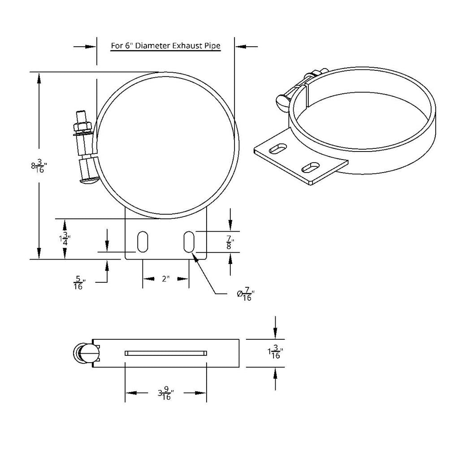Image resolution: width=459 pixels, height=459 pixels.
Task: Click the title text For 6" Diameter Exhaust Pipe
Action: (165, 46)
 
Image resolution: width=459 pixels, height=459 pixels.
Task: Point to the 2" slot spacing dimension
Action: (165, 279)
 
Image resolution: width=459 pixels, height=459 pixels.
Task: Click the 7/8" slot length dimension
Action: (230, 242)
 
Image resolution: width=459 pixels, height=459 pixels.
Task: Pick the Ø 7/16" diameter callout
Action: (246, 294)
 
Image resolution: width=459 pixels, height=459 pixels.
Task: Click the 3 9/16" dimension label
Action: (165, 394)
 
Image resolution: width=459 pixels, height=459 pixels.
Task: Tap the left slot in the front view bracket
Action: (142, 242)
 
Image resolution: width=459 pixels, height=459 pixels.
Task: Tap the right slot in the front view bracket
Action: (189, 242)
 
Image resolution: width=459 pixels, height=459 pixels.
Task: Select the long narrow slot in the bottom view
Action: (165, 353)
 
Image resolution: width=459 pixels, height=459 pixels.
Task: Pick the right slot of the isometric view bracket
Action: (310, 168)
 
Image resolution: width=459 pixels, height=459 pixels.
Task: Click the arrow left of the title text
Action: (85, 46)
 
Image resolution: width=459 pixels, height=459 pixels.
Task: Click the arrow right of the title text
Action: (246, 46)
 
